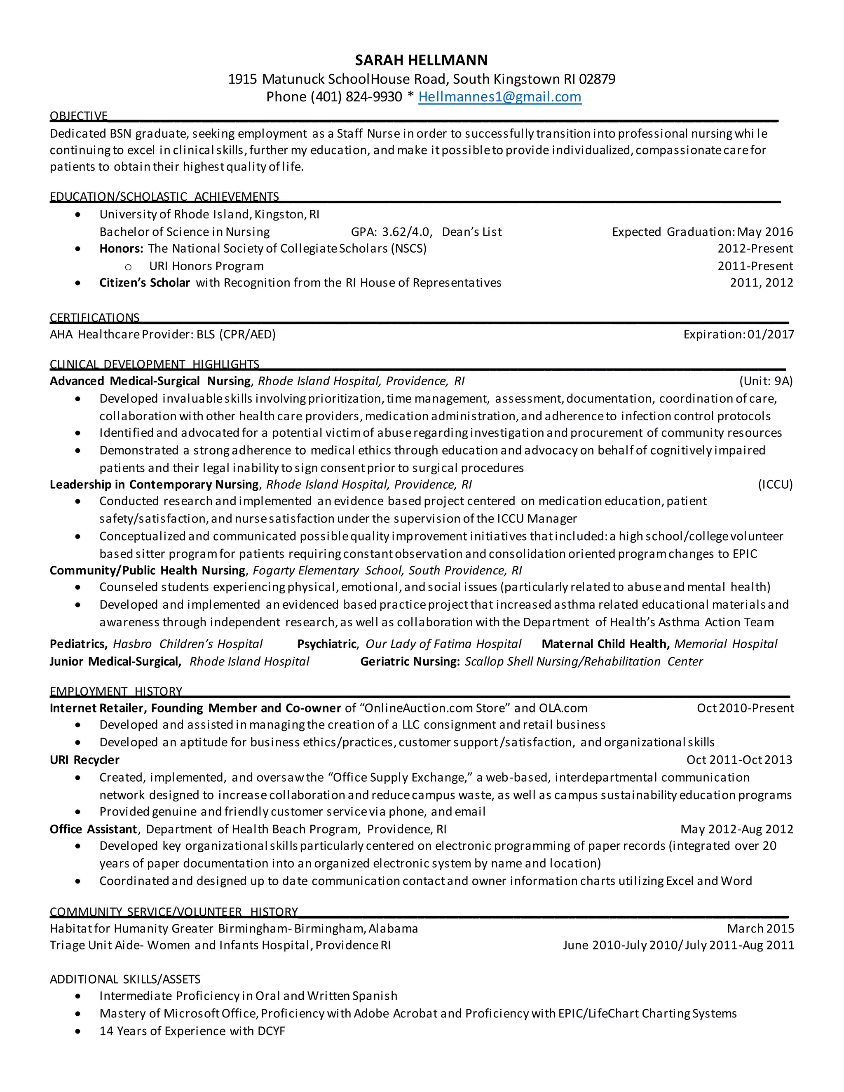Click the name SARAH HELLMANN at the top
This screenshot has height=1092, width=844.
pos(421,60)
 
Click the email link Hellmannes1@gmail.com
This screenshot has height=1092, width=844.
pos(499,96)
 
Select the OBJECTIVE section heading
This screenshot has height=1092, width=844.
pos(78,116)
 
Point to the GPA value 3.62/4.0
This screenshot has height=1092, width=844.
pos(406,232)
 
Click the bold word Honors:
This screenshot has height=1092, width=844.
pos(122,248)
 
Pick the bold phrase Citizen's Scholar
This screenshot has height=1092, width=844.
pos(145,283)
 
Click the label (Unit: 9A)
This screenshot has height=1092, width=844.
pos(766,381)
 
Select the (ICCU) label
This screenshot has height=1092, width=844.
pos(775,485)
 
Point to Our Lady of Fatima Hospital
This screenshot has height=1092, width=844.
pos(443,644)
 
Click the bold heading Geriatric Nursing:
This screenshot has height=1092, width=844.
pos(410,661)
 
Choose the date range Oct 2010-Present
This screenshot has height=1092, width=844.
pos(745,708)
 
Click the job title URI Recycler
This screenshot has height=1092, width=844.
pos(84,760)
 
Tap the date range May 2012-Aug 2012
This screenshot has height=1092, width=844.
pos(736,829)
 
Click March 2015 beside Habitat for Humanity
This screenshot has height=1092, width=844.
pos(760,928)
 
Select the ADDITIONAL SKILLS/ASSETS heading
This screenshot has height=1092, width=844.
pos(125,979)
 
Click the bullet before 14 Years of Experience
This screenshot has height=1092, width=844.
pos(77,1031)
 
